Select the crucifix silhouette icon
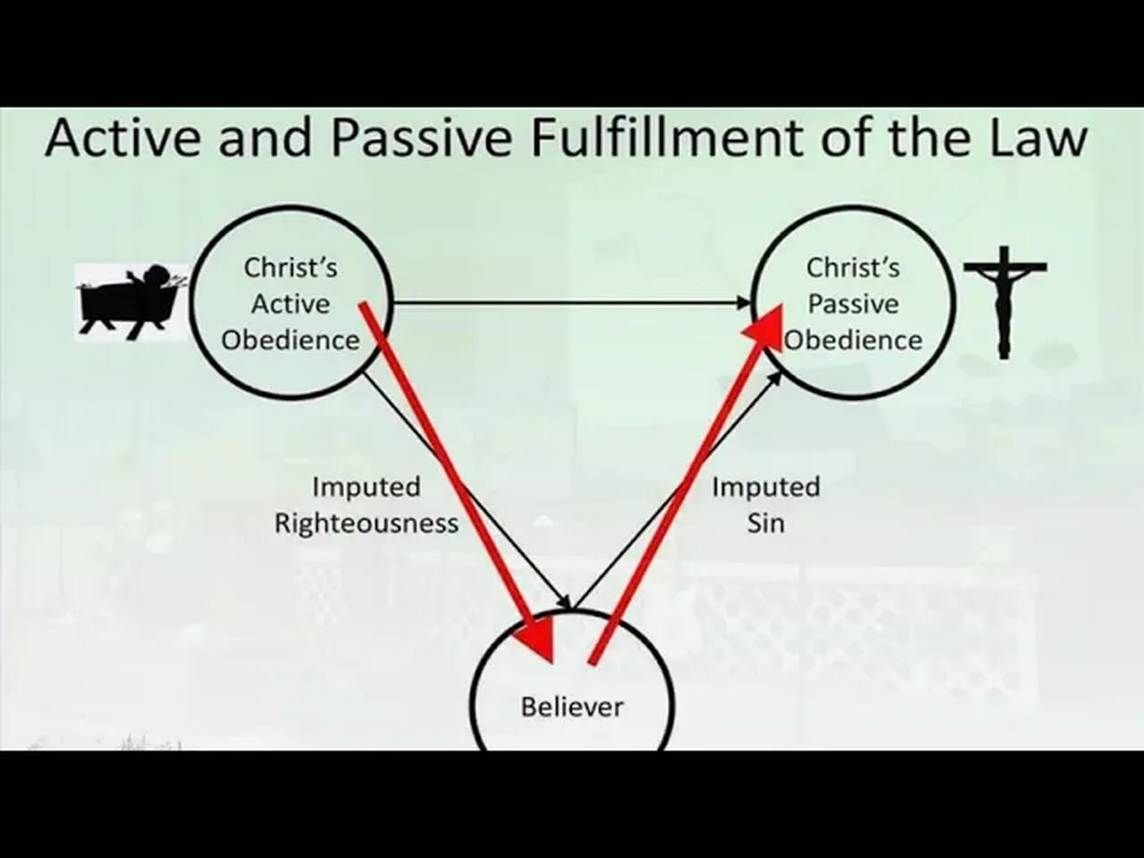coord(1005,300)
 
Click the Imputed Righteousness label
coord(366,504)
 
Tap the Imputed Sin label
coord(765,504)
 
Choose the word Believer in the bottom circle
coord(572,706)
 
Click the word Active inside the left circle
coord(290,304)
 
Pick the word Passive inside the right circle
coord(854,304)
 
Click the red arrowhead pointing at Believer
coord(537,636)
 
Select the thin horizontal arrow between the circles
coord(572,303)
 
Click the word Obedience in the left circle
coord(290,341)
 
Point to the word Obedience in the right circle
coord(854,341)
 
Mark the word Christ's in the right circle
coord(854,267)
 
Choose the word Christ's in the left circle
coord(290,267)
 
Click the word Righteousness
coord(366,523)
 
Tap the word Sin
coord(766,523)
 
